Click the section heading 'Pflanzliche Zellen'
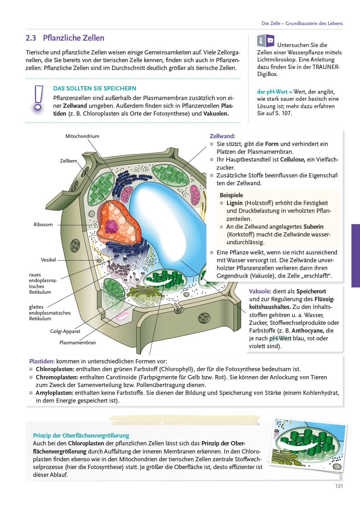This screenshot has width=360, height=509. (x=74, y=38)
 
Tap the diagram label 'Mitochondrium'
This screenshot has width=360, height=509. (x=82, y=136)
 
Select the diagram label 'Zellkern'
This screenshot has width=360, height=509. (x=69, y=161)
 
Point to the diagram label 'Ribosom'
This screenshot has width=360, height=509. (x=43, y=224)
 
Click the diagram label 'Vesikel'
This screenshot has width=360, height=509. (x=48, y=260)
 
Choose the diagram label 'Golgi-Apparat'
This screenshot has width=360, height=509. (x=65, y=331)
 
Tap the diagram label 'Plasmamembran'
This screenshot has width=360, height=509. (x=77, y=343)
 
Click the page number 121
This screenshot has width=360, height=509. (x=339, y=486)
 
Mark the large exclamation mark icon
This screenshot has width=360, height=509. (x=38, y=99)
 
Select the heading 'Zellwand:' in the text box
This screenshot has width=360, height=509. (x=222, y=136)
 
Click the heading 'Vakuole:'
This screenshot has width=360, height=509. (x=260, y=291)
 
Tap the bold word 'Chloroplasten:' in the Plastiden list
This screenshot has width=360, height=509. (x=55, y=369)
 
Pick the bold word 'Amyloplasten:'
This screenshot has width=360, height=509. (x=54, y=393)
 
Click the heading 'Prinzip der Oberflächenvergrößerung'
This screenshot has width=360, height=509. (x=81, y=435)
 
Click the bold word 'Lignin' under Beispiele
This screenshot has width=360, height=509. (x=234, y=203)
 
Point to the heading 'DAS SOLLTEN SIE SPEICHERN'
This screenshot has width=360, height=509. (x=95, y=88)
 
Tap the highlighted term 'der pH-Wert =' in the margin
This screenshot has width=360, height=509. (x=274, y=92)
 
